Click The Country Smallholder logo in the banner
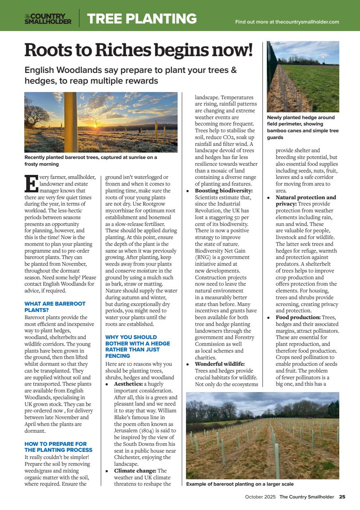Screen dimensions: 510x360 coord(48,19)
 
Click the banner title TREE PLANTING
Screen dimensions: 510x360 coord(142,19)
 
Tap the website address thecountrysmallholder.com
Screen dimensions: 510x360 coord(307,22)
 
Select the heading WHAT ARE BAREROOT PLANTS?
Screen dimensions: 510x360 coord(55,306)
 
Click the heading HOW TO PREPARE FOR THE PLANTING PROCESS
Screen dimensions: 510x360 coord(56,447)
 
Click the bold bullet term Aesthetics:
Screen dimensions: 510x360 coord(128,384)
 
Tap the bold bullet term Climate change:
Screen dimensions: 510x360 coord(135,471)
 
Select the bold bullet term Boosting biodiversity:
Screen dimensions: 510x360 coord(224,190)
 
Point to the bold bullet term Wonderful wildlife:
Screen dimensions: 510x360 coord(219,364)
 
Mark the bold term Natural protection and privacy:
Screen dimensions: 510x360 coord(305,200)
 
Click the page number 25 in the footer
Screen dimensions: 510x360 coord(342,497)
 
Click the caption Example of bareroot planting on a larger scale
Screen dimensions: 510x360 coord(240,484)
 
